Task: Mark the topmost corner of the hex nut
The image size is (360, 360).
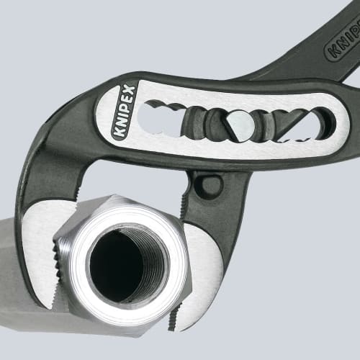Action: coord(115,197)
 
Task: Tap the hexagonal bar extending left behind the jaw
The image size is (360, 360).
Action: coord(14,259)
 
